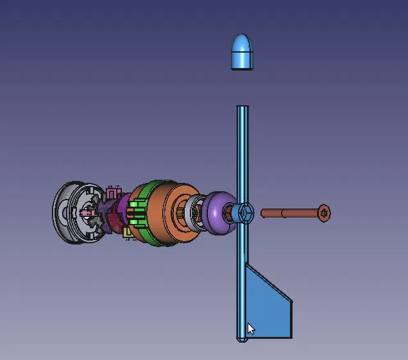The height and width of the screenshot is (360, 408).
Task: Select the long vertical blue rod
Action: [x=242, y=160]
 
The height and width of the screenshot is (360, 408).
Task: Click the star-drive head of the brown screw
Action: [x=324, y=213]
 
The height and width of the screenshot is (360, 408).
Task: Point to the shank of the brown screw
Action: [x=289, y=213]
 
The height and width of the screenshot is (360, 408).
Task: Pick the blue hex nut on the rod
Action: [x=246, y=213]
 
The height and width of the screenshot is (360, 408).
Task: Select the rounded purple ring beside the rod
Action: [x=218, y=213]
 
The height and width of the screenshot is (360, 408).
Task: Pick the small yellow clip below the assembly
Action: [x=128, y=234]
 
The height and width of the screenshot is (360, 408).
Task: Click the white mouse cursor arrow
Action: [x=251, y=329]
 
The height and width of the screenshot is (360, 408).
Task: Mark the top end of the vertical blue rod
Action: [x=242, y=108]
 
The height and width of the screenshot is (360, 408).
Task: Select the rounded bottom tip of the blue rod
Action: [x=242, y=339]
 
